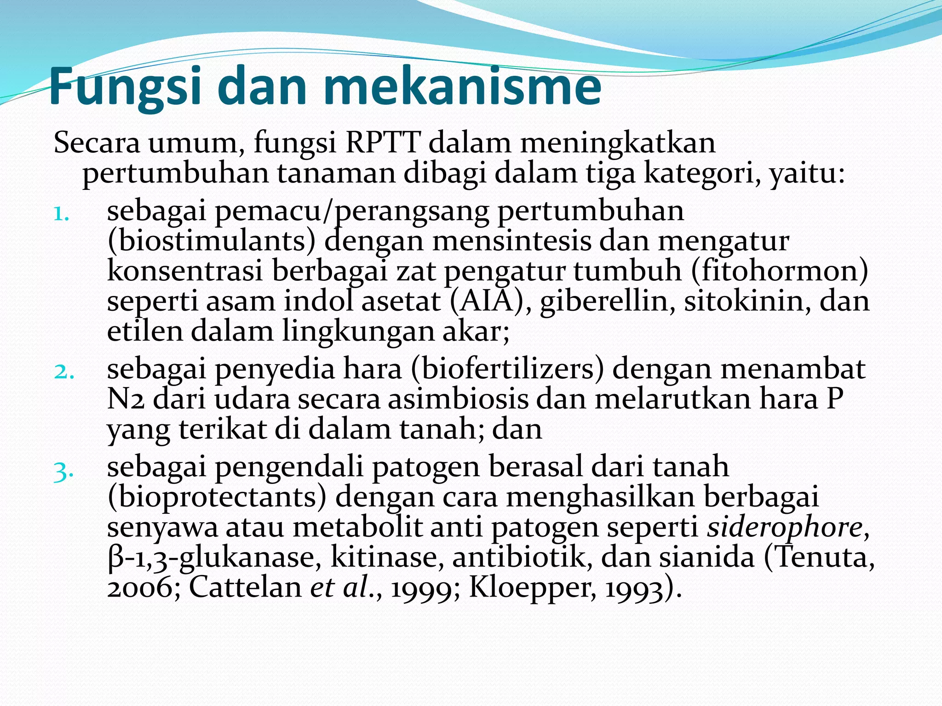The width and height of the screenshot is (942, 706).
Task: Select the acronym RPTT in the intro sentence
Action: (382, 143)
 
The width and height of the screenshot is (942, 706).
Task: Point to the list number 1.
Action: (62, 214)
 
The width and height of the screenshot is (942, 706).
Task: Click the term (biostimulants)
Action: (212, 241)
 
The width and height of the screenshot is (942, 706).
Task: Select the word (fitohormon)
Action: (779, 271)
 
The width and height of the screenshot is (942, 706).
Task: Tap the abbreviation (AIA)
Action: (487, 302)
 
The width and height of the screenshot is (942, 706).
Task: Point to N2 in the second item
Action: (126, 400)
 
